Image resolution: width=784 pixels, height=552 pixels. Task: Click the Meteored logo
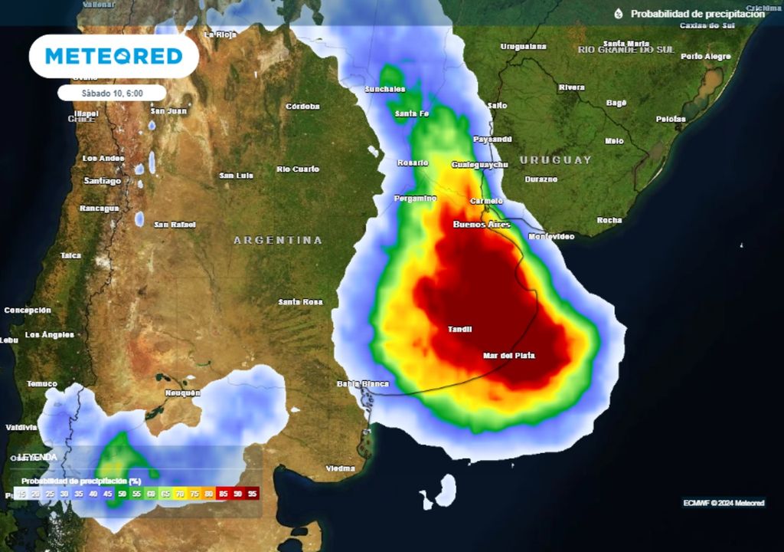click(x=113, y=56)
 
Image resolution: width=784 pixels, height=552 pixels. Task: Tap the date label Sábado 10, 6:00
click(x=112, y=93)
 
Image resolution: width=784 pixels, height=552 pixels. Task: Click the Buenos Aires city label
click(x=482, y=225)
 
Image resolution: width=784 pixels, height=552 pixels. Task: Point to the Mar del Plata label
click(x=509, y=356)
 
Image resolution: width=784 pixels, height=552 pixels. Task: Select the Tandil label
click(x=459, y=330)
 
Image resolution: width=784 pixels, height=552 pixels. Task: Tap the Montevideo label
click(x=551, y=237)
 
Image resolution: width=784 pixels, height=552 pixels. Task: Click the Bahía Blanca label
click(x=363, y=384)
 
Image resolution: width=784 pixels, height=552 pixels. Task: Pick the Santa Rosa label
click(x=300, y=302)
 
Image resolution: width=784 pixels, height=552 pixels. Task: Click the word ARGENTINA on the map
click(x=278, y=241)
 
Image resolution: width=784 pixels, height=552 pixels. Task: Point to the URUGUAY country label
click(x=556, y=160)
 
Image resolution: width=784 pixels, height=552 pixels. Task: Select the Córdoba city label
click(x=302, y=107)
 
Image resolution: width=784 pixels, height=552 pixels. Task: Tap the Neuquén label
click(x=182, y=393)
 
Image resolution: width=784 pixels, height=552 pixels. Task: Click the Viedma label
click(x=340, y=468)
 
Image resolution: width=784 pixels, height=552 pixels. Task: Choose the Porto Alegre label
click(x=706, y=57)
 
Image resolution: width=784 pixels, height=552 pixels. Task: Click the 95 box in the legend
click(x=252, y=494)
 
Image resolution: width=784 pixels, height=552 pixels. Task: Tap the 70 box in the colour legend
click(x=179, y=494)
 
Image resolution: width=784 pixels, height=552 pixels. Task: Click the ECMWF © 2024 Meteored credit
click(x=724, y=503)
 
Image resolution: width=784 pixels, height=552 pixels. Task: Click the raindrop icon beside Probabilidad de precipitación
click(x=619, y=14)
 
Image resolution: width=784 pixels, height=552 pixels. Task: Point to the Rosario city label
click(x=413, y=163)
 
